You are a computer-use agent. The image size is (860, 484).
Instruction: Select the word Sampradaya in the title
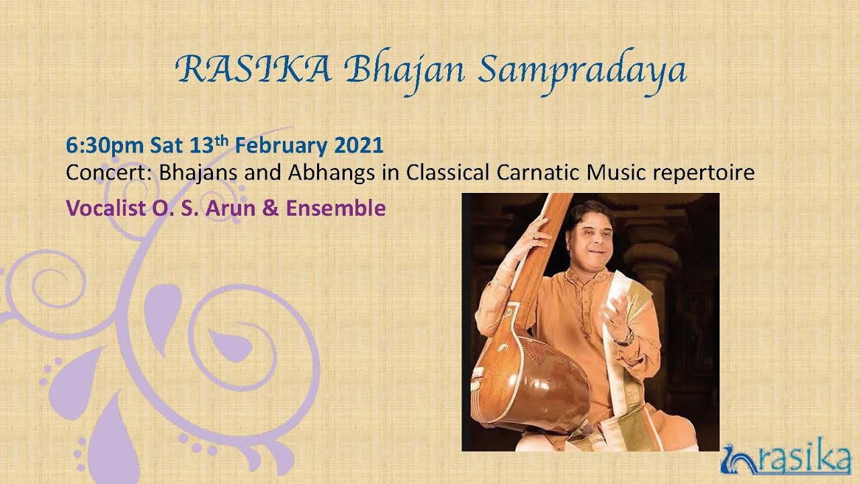pos(582,71)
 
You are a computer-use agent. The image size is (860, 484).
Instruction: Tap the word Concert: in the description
pos(109,173)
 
